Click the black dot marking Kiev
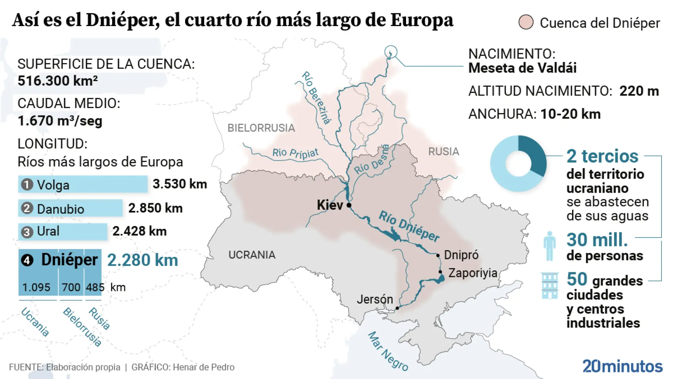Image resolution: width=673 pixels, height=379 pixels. [349, 205]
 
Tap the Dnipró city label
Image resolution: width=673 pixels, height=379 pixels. [461, 255]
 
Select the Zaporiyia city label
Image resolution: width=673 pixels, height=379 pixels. [473, 273]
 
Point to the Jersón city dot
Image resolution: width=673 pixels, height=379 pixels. [397, 308]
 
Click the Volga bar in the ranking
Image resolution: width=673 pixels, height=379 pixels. [83, 185]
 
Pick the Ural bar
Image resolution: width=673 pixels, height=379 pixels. [62, 232]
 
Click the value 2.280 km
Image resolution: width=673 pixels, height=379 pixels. [143, 260]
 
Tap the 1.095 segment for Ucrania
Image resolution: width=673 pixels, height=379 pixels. [36, 287]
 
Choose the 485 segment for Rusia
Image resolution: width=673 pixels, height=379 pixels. [94, 287]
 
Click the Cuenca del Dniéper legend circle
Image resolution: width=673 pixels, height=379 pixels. [526, 22]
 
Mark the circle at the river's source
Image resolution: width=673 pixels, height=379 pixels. [390, 52]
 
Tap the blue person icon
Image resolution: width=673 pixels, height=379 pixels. [550, 246]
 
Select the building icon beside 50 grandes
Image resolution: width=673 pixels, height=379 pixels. [550, 285]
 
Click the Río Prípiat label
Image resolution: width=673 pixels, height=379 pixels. [295, 153]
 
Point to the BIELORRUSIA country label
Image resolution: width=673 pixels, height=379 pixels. [261, 128]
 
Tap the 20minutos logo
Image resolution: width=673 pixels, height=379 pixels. [622, 366]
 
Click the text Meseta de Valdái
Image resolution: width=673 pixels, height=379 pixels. [522, 68]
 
